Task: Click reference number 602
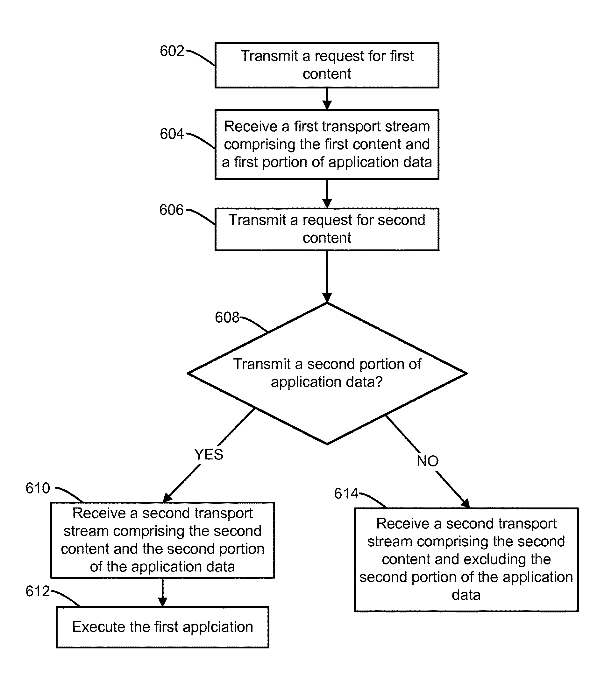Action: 172,51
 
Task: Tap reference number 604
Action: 172,134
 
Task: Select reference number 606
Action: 171,210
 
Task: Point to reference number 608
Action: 227,318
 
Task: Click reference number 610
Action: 38,488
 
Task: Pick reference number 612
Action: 38,591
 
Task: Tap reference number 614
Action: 346,493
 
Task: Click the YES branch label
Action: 209,455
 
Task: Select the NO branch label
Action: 428,461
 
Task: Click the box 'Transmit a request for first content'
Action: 327,65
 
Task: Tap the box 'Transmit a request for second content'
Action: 327,229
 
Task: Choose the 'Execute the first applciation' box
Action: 163,627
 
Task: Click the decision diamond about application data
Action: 327,373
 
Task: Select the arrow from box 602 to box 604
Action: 327,99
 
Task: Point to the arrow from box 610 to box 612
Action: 163,592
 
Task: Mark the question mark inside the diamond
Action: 379,381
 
